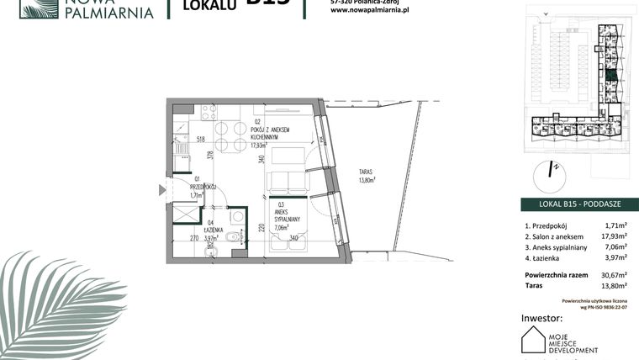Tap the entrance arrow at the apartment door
162,190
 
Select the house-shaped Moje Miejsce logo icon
533,341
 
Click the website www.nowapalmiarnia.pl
364,10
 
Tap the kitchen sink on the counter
179,154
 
